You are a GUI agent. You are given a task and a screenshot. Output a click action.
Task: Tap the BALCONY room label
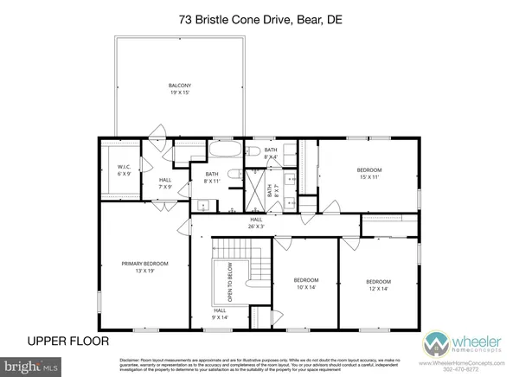pos(179,88)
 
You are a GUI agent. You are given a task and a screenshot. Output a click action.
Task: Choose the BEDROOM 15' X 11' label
pos(369,173)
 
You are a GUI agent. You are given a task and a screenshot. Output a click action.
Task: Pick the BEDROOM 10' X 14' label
pos(305,284)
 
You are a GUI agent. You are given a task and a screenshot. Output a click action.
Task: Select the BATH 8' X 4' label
pos(271,153)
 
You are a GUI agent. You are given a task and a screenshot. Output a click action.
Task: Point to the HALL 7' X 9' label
pos(165,183)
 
